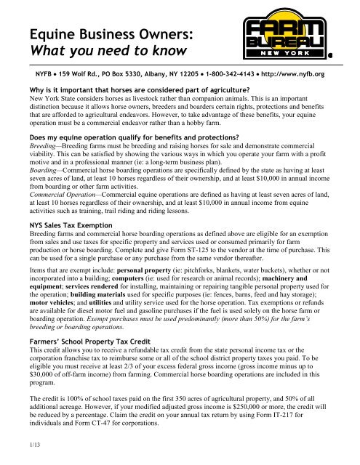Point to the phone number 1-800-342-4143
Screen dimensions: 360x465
click(222, 74)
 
